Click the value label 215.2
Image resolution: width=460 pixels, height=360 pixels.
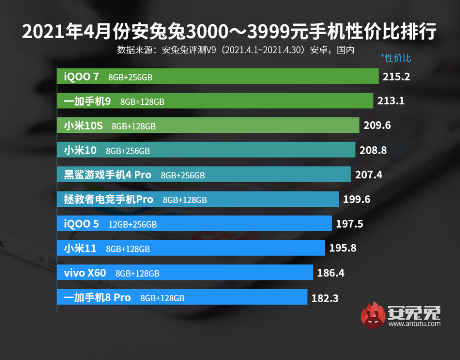(x=396, y=76)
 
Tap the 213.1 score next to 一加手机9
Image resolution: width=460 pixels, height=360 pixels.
(x=391, y=101)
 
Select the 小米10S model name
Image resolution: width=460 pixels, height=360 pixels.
(x=83, y=126)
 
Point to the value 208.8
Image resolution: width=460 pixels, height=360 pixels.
(x=373, y=150)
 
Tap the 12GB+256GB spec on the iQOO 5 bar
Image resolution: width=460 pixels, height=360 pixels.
(x=132, y=224)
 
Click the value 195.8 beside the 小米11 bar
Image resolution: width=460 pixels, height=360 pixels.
(x=343, y=248)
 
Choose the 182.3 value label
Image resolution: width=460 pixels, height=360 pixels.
(x=325, y=298)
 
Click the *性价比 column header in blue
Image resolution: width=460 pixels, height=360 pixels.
(x=396, y=58)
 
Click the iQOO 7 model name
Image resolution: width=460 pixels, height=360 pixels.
(x=81, y=76)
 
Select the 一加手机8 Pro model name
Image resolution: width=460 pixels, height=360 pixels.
(x=97, y=297)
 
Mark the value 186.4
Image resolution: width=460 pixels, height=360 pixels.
(x=331, y=273)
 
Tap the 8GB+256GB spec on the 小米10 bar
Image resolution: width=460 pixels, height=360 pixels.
(x=128, y=150)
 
